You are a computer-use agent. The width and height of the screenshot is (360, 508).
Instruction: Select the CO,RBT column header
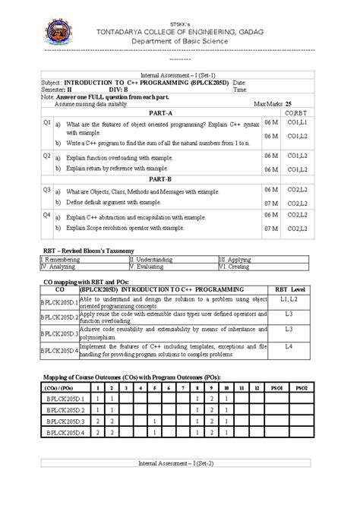[295, 112]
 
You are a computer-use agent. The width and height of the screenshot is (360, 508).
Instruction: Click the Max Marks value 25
[289, 103]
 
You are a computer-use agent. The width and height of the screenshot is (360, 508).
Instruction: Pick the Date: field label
[240, 81]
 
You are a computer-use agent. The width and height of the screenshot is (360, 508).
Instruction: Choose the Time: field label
[241, 89]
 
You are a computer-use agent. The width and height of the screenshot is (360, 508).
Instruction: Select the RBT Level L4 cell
[289, 346]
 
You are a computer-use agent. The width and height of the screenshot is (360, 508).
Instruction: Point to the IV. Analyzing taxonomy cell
[59, 267]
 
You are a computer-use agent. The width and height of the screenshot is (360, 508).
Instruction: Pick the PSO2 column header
[302, 387]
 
